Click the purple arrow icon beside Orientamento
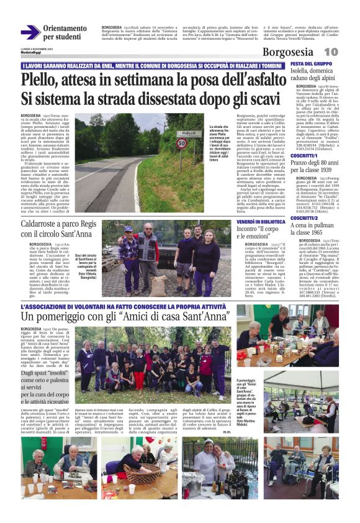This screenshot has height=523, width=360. coord(30,32)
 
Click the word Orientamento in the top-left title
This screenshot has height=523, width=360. coord(65,29)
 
